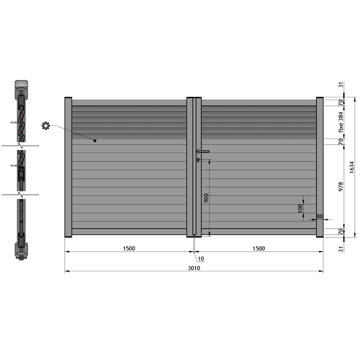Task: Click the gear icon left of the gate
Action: click(46, 126)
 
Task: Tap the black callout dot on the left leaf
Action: click(95, 141)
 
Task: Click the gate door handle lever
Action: click(203, 152)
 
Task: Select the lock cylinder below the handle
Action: click(198, 159)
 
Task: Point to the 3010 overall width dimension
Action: click(194, 268)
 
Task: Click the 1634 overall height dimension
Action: click(352, 167)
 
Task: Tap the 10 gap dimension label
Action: click(201, 258)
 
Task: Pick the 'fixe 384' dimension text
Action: click(341, 122)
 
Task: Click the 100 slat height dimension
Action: click(300, 208)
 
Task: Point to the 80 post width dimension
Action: click(319, 216)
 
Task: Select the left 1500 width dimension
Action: click(129, 248)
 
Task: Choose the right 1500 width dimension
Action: click(258, 248)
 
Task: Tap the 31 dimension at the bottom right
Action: click(341, 248)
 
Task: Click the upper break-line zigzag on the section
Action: click(21, 146)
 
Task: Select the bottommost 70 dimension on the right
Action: click(341, 232)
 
